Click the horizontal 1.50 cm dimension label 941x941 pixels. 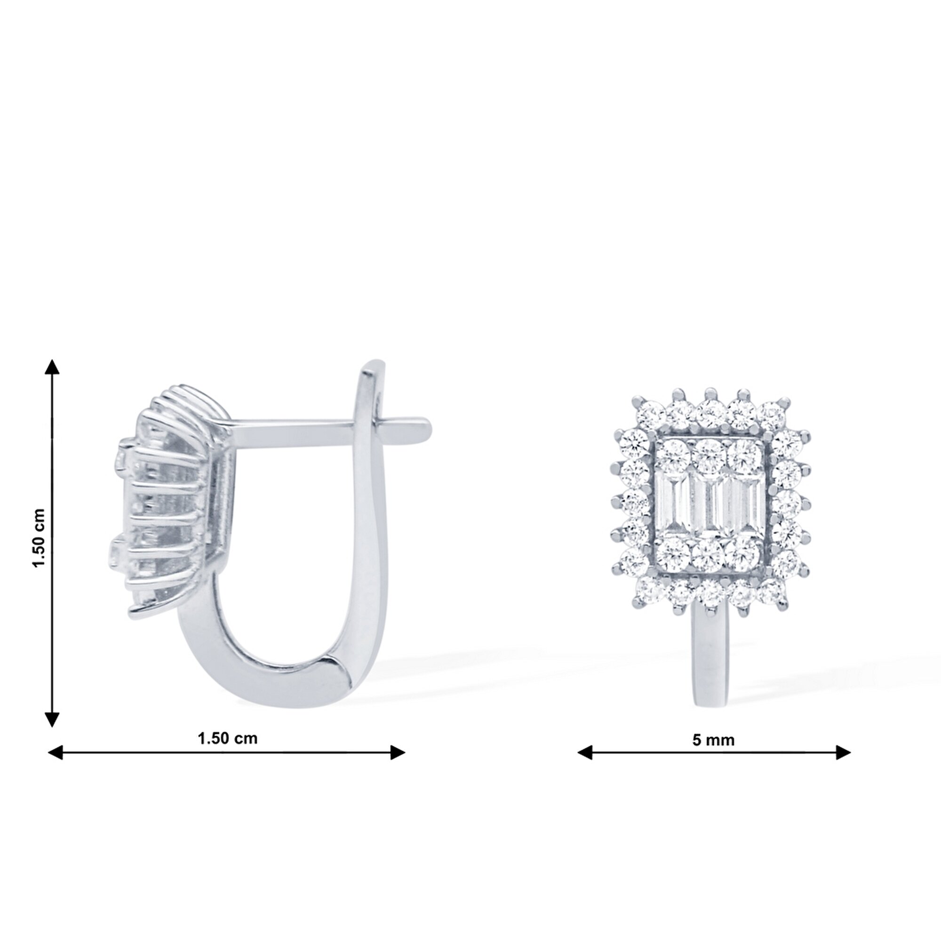[227, 738]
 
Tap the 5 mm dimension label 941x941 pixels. [713, 740]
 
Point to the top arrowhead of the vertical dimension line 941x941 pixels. [52, 367]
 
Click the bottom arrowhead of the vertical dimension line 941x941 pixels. [52, 719]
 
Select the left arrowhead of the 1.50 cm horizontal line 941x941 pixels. [56, 752]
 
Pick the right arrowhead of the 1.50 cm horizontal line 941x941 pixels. [398, 752]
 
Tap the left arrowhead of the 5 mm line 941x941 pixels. [585, 752]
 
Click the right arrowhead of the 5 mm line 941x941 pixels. [843, 752]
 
